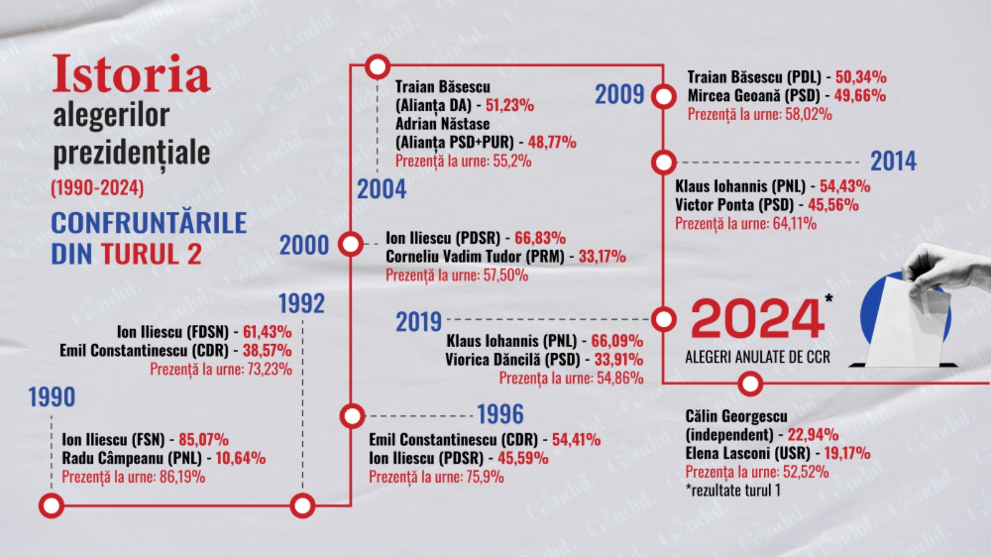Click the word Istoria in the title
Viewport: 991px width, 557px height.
coord(131,74)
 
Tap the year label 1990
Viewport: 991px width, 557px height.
coord(51,397)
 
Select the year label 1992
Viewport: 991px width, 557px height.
coord(301,304)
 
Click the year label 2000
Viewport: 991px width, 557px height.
coord(303,246)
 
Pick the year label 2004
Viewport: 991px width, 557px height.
coord(381,189)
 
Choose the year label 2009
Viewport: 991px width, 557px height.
coord(619,95)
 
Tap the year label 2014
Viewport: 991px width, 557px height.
coord(893,162)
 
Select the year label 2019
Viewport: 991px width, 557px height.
coord(419,322)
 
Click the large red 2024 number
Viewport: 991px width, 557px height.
coord(757,319)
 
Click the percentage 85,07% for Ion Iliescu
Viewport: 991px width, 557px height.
coord(203,440)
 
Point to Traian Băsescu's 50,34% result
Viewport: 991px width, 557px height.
coord(860,77)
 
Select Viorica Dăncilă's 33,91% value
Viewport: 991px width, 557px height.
coord(618,360)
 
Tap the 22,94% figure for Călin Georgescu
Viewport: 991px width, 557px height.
coord(813,434)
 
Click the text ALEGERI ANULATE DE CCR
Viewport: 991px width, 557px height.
coord(757,357)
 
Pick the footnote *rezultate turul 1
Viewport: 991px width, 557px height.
coord(732,491)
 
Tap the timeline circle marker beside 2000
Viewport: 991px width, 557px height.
coord(351,244)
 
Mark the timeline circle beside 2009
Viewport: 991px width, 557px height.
coord(664,97)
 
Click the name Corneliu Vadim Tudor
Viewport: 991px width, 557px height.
coord(474,257)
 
